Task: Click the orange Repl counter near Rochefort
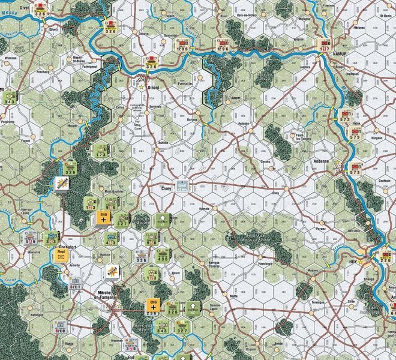click(61, 256)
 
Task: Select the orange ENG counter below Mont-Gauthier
click(103, 218)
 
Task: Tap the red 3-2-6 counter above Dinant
click(151, 64)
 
